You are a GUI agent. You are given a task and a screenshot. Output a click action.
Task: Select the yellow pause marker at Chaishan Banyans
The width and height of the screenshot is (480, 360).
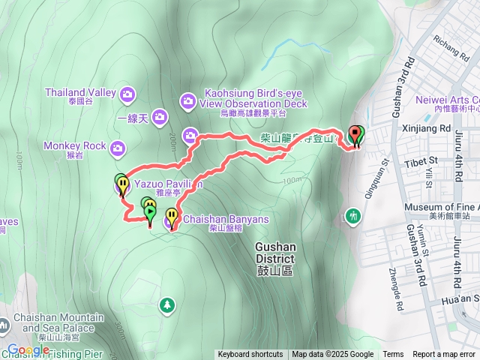172,217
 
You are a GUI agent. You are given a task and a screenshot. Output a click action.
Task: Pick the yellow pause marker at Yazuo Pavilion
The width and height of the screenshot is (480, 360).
122,184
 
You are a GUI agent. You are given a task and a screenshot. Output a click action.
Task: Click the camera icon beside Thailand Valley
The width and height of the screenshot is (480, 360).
127,93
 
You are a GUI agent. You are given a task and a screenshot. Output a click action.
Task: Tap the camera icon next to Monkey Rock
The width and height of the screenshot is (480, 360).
117,148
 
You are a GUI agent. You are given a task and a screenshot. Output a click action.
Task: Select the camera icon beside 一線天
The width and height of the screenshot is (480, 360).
160,116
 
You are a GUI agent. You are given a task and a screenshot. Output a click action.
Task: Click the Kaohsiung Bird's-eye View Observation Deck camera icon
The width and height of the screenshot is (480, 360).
187,100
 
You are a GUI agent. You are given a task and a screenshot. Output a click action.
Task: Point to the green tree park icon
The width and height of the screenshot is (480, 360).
166,304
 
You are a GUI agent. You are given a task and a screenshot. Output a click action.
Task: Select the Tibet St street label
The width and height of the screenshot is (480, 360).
422,160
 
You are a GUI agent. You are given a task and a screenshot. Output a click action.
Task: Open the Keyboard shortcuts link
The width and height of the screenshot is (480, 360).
250,355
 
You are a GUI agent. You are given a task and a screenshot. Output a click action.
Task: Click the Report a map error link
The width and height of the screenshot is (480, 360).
445,355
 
